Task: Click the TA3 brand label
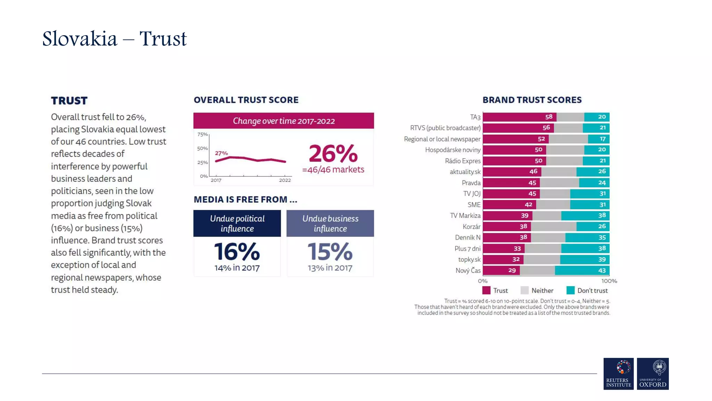point(475,117)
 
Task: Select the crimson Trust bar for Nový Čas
point(501,270)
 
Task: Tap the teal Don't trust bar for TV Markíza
point(585,215)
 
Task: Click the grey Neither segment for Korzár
point(553,227)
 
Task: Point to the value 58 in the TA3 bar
point(549,117)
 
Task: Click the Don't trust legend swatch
point(570,290)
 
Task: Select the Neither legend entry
point(537,290)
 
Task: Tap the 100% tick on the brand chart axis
point(609,281)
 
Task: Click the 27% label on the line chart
point(221,153)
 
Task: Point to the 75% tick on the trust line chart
point(202,134)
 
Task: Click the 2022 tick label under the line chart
point(285,180)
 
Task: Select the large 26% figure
point(333,154)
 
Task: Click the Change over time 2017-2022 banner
point(283,121)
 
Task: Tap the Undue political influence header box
point(237,223)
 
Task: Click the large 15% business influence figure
point(330,252)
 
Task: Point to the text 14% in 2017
point(237,268)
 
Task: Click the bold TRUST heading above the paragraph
point(69,101)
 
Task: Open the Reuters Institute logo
point(618,374)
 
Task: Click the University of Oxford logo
point(653,374)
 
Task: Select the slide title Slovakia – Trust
point(114,39)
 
